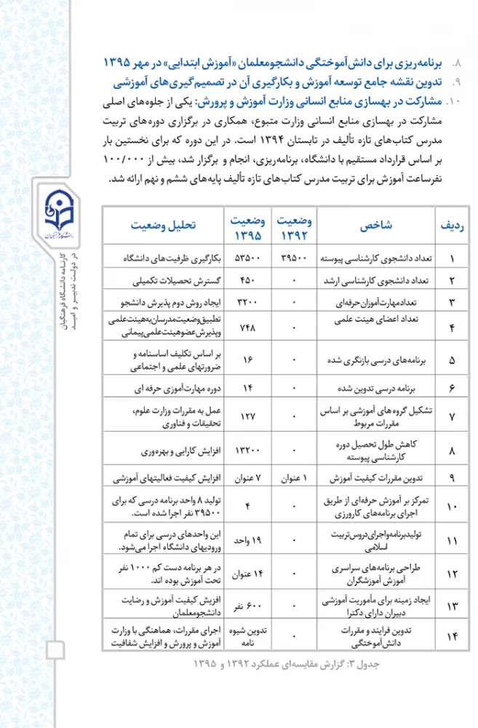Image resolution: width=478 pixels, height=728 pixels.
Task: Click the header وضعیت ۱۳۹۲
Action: pyautogui.click(x=295, y=226)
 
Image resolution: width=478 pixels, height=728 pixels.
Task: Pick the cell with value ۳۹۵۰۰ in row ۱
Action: pyautogui.click(x=295, y=258)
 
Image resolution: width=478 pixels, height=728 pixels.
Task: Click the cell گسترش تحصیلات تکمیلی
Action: pyautogui.click(x=164, y=280)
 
